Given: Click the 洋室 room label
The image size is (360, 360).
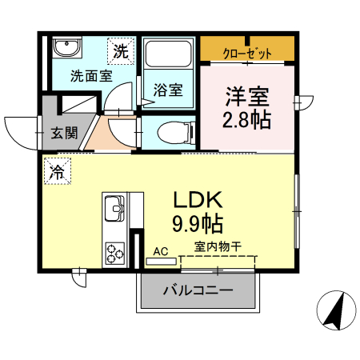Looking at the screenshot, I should coord(247,96).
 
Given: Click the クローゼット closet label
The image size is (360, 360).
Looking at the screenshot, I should coord(246,53).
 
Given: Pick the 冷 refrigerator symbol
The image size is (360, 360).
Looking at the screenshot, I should coord(58,170).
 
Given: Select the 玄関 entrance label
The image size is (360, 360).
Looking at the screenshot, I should coord(65,134).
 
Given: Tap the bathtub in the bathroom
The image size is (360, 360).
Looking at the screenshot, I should coord(166,56).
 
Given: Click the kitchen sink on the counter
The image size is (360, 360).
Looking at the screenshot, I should coord(114,211).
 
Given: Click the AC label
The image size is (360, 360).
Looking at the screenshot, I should coord(161,252).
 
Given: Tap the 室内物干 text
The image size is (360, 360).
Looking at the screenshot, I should coord(218,246).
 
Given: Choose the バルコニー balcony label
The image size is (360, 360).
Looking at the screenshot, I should coord(198,290).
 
